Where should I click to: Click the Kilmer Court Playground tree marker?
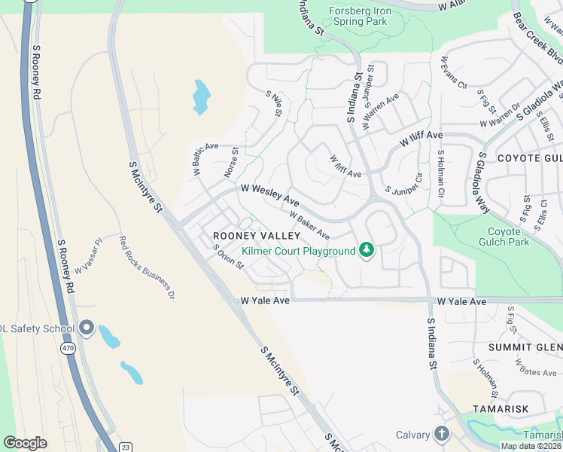click(x=367, y=249)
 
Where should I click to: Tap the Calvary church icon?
click(x=441, y=434)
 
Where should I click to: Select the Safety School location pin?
click(x=86, y=328)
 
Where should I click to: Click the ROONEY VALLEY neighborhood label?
click(x=256, y=236)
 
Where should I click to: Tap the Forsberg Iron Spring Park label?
click(x=359, y=17)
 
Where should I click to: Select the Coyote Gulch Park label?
click(x=504, y=237)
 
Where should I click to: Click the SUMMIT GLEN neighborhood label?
click(x=525, y=347)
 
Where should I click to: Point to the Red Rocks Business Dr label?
click(x=147, y=268)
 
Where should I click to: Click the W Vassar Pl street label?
click(x=87, y=258)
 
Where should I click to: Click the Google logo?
click(x=25, y=443)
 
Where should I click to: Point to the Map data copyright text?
click(x=531, y=446)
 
